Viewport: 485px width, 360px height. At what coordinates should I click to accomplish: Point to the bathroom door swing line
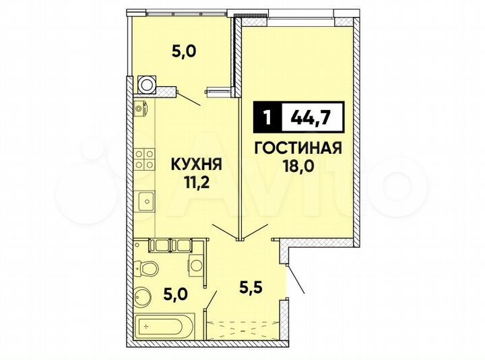point(212,298)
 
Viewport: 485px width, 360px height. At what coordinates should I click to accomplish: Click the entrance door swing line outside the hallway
point(296,278)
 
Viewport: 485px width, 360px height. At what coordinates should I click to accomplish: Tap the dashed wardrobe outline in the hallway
point(245,328)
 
